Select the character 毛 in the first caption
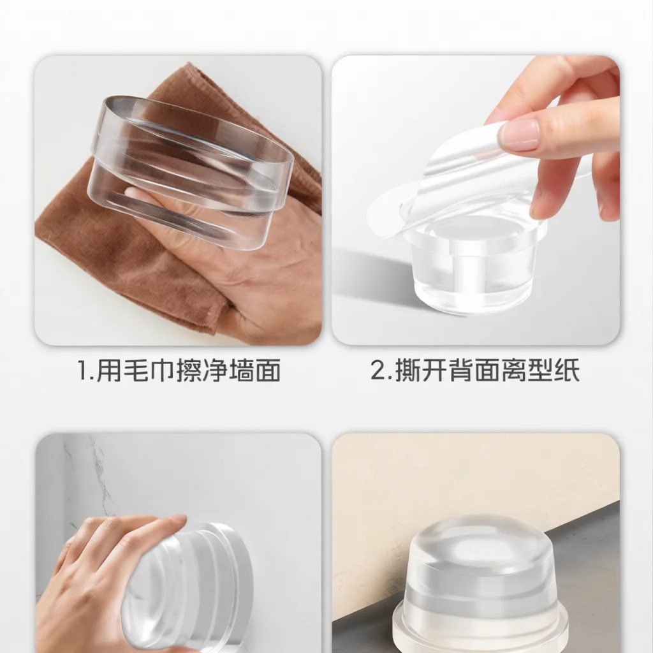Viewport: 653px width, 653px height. [136, 371]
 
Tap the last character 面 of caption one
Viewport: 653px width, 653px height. [268, 371]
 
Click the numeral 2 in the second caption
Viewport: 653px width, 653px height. [379, 371]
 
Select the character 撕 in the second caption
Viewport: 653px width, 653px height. [407, 371]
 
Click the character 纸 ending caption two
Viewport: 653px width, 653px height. [567, 371]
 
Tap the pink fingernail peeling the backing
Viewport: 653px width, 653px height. [520, 134]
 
